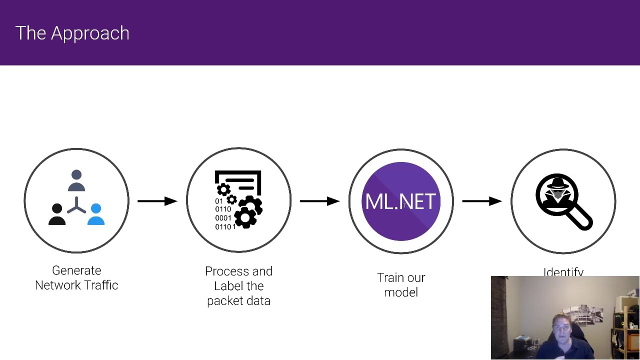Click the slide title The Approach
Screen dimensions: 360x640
[72, 33]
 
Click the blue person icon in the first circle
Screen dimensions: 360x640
[96, 214]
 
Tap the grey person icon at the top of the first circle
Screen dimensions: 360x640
[76, 180]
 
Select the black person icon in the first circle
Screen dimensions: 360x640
[57, 214]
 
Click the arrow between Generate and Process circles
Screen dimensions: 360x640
[157, 201]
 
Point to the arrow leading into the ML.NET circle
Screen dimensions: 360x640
[319, 201]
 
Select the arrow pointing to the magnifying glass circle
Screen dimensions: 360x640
[481, 201]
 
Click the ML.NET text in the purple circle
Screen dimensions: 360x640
[401, 202]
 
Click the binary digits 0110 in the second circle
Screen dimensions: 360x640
[223, 209]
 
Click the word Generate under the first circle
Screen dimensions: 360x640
[76, 270]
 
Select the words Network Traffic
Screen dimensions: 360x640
[76, 285]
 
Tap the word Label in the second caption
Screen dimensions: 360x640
[226, 286]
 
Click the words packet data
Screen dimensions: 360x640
[238, 301]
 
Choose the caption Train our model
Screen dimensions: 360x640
[401, 285]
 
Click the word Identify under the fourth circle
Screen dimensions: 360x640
[563, 272]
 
